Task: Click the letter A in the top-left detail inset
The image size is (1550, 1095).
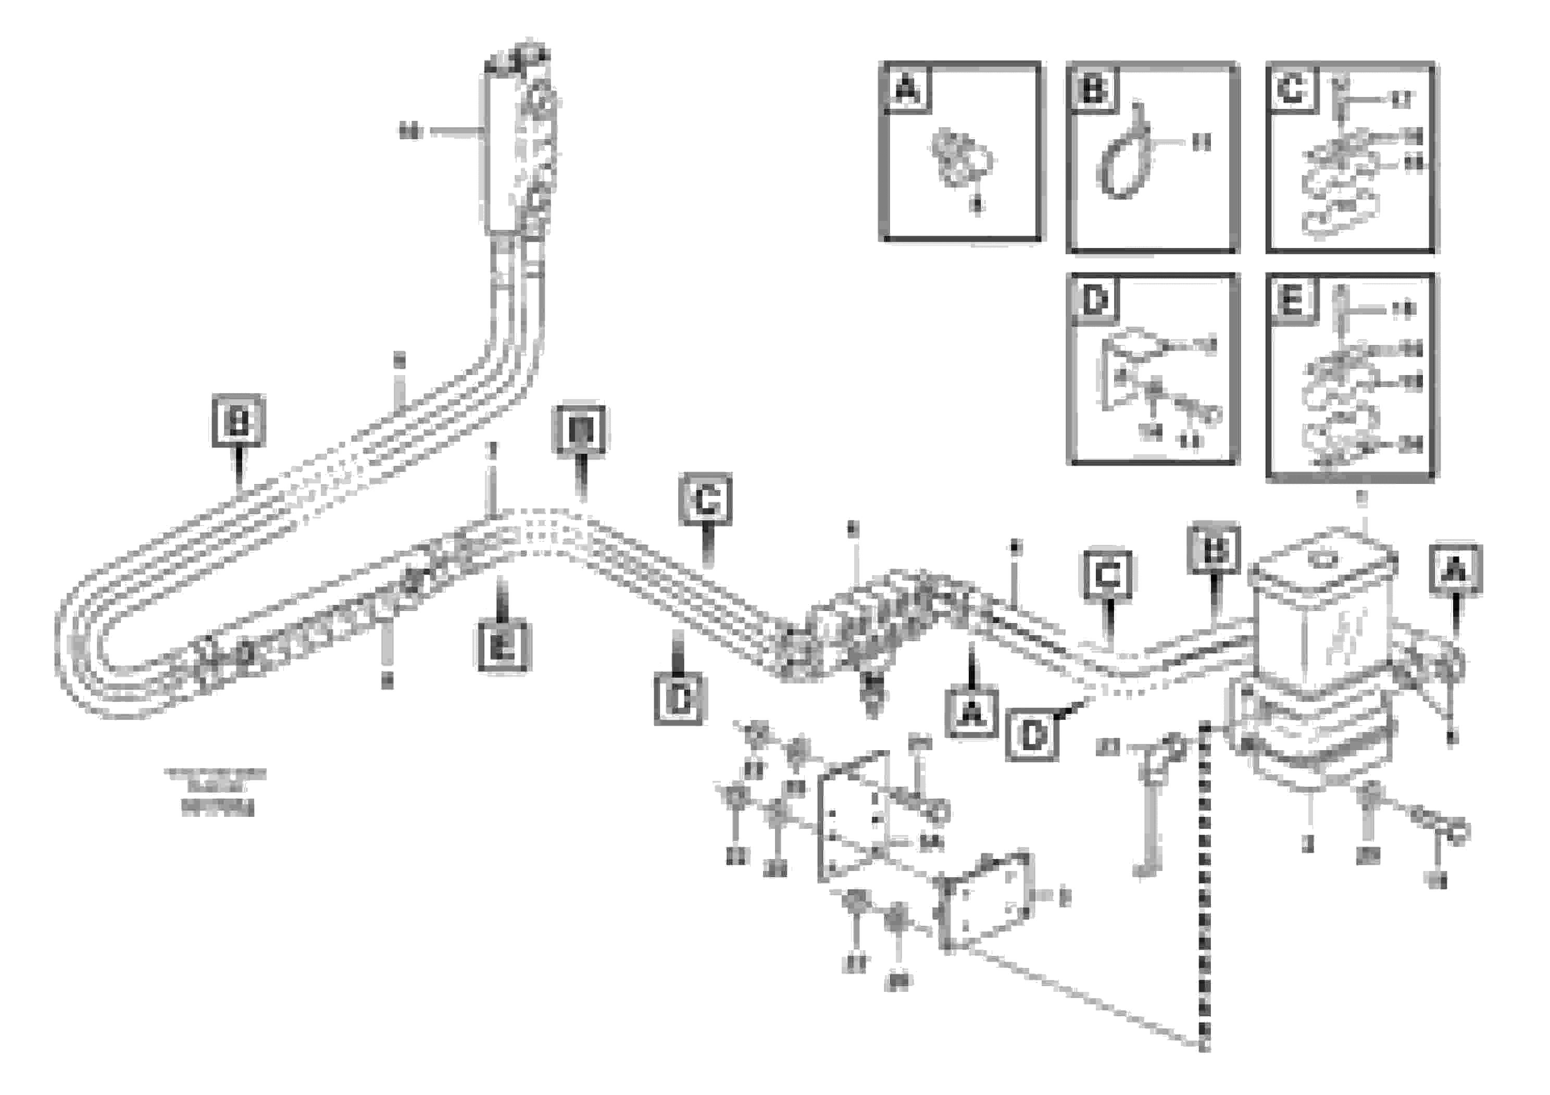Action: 906,89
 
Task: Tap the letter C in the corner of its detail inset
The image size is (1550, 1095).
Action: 1291,89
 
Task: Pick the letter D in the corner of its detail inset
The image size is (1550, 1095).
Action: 1094,299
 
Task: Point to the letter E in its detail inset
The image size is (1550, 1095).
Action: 1291,300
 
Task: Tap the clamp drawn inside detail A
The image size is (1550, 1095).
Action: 959,159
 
